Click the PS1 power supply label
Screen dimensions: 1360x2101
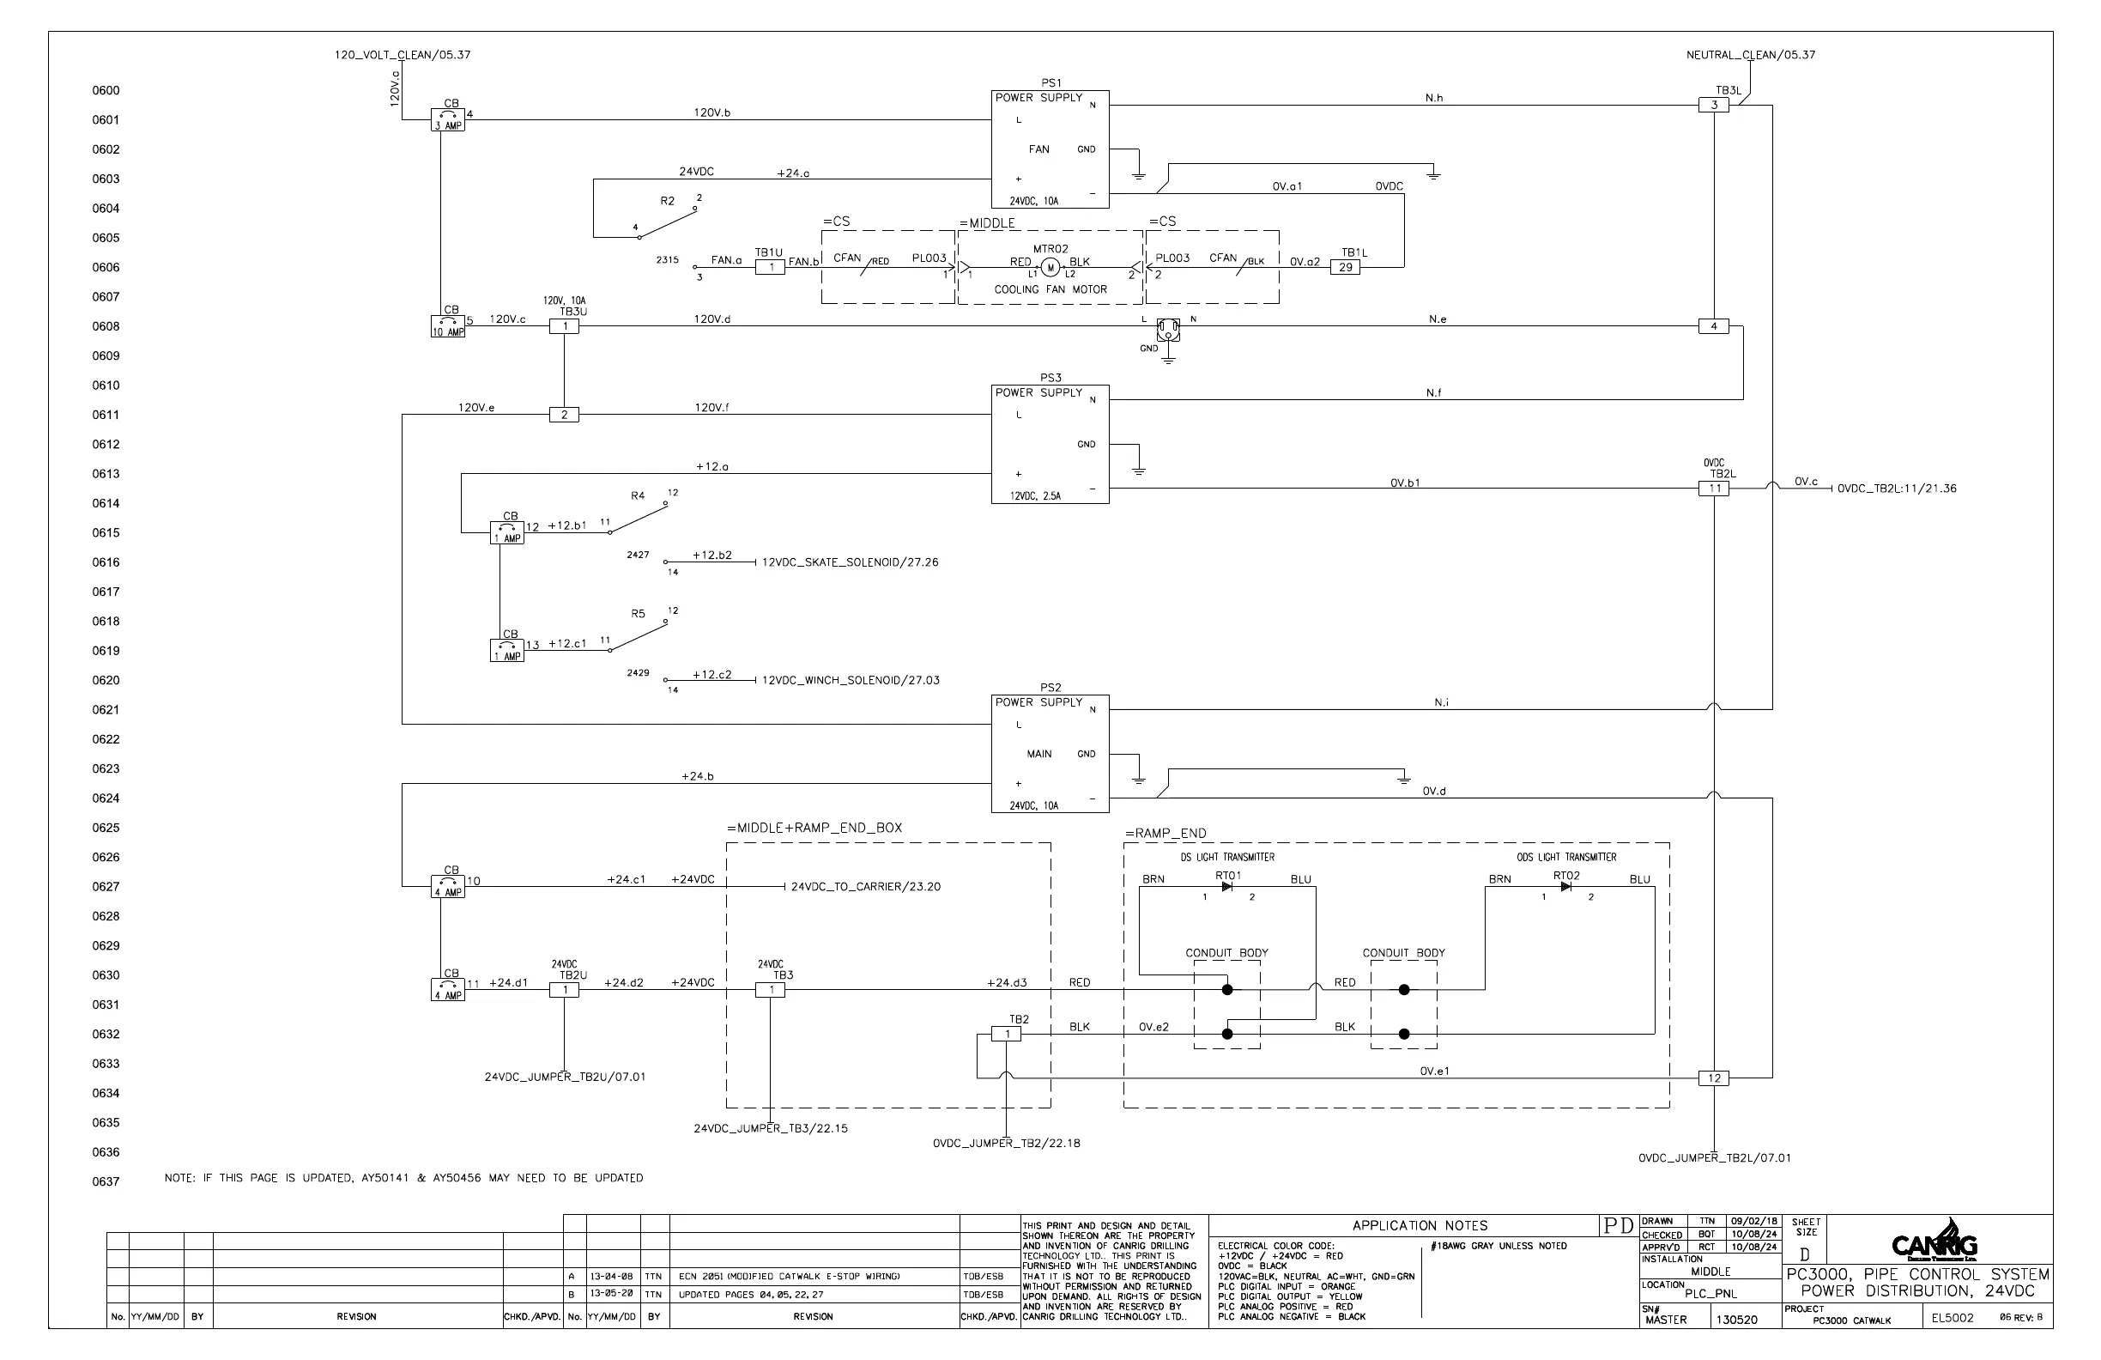click(1050, 83)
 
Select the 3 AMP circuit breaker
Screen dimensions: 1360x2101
click(447, 120)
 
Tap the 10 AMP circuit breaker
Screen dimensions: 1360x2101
click(447, 327)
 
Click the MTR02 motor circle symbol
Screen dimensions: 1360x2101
click(1050, 267)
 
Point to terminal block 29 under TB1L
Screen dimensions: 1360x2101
click(1346, 267)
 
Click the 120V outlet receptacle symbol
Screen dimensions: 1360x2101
click(1168, 330)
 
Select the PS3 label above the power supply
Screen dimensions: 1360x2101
click(1050, 378)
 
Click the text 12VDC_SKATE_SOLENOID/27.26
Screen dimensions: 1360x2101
click(851, 562)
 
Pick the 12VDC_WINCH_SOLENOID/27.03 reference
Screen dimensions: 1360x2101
click(851, 681)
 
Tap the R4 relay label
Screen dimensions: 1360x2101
click(638, 496)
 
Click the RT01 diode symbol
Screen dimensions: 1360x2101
click(1227, 887)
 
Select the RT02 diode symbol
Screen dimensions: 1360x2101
click(1566, 887)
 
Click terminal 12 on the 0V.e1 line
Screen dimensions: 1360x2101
click(1713, 1078)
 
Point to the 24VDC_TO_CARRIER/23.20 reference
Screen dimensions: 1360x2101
click(865, 887)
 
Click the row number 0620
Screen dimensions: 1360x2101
click(106, 681)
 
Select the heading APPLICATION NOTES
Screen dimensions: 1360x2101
click(1420, 1226)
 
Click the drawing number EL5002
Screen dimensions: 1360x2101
click(1952, 1319)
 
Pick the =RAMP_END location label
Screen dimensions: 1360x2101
click(1166, 834)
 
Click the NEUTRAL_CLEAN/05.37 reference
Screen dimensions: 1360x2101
click(1751, 55)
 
